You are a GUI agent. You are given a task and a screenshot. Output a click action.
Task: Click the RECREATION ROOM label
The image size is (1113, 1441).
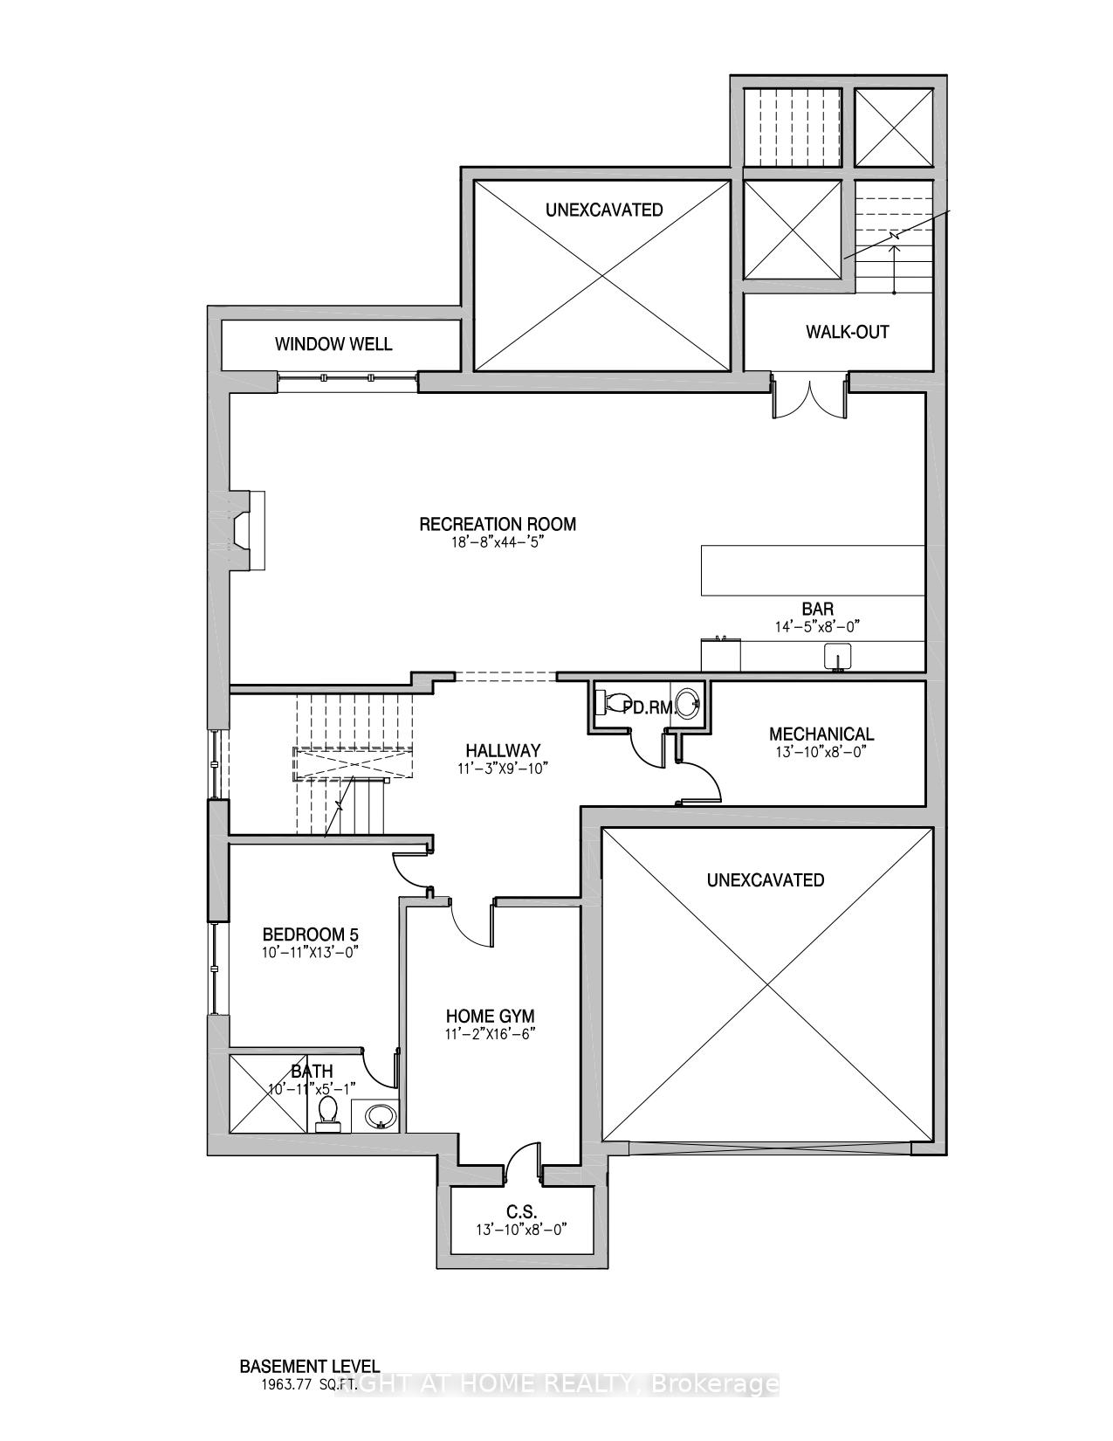(498, 524)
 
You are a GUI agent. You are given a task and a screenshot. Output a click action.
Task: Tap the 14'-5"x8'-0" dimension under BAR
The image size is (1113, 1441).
(818, 626)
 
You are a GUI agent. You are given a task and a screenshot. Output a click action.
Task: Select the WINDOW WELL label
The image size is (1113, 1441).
(333, 344)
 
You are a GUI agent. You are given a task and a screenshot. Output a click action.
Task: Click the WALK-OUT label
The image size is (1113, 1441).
(847, 332)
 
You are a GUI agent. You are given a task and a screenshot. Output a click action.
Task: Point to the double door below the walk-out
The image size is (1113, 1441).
(809, 397)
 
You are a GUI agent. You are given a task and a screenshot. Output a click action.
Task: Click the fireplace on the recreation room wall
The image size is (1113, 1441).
(248, 532)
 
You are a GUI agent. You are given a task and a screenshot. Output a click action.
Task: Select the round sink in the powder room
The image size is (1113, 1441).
(689, 701)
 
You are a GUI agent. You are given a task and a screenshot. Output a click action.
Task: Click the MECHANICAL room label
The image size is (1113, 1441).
(821, 734)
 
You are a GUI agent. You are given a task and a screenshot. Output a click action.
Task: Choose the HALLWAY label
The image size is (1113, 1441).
(502, 750)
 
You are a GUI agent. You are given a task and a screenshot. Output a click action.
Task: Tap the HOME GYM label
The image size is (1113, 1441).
(490, 1017)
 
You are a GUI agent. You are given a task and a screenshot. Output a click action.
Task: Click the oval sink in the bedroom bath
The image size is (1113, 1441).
(378, 1116)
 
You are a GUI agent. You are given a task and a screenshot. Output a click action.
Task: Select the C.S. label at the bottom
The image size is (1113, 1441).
(521, 1212)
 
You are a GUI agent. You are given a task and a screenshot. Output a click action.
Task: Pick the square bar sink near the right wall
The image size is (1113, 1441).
(838, 655)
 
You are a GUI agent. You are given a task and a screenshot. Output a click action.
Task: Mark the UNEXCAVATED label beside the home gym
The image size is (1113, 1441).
(765, 879)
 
